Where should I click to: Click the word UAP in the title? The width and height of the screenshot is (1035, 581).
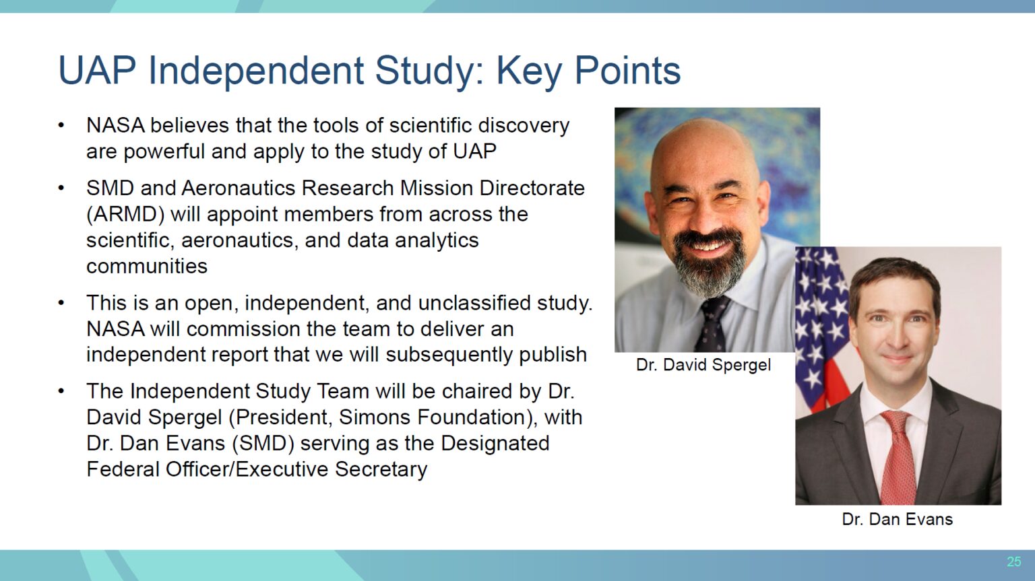click(x=97, y=71)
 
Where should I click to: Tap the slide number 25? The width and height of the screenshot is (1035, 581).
click(x=1013, y=561)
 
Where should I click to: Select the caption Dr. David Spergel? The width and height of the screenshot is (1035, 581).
click(x=703, y=365)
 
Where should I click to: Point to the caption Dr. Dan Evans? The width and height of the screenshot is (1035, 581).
click(x=898, y=519)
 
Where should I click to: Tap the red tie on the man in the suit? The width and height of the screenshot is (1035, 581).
click(x=898, y=457)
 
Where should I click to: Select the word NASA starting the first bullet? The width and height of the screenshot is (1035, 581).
click(x=115, y=125)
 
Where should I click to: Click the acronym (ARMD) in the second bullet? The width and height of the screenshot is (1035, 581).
click(x=125, y=215)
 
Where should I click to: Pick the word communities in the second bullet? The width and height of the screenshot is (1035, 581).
click(x=147, y=267)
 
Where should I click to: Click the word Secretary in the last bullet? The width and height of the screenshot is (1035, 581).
click(x=381, y=470)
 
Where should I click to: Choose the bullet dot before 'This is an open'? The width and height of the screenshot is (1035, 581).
click(x=61, y=303)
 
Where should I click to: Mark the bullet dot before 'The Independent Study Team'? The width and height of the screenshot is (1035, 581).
click(x=61, y=391)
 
